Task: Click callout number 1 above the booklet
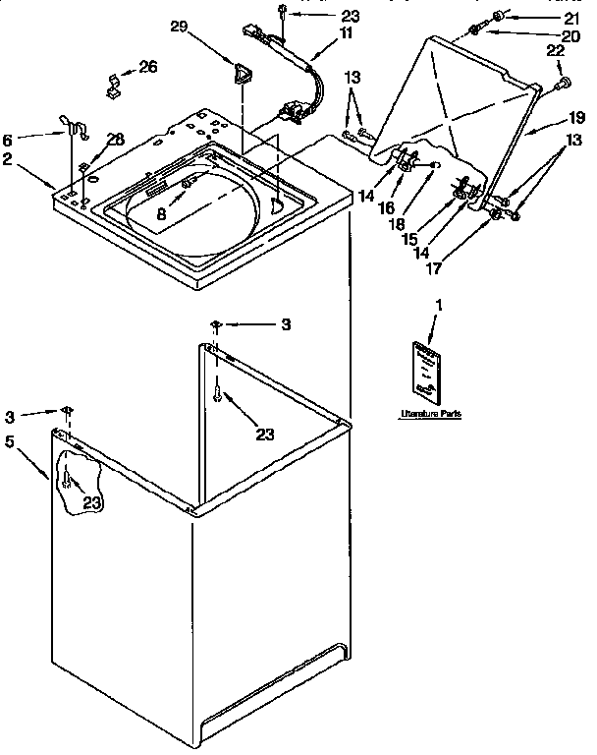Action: pyautogui.click(x=439, y=307)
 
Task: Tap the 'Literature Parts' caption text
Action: pyautogui.click(x=431, y=415)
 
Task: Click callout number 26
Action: pyautogui.click(x=147, y=67)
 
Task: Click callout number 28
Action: pyautogui.click(x=115, y=140)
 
